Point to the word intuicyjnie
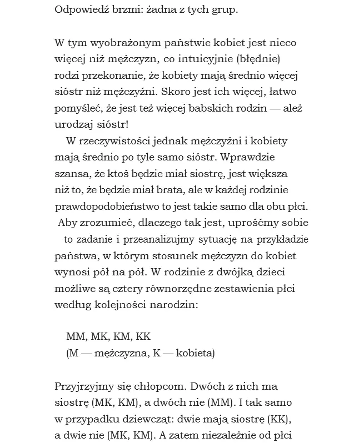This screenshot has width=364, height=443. pyautogui.click(x=216, y=59)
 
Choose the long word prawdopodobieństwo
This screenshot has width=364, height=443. pyautogui.click(x=106, y=207)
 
